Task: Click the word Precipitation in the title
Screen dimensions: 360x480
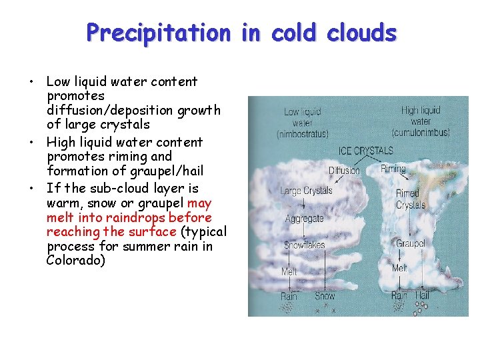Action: [x=157, y=32]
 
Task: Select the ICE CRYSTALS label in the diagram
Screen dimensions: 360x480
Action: [x=366, y=151]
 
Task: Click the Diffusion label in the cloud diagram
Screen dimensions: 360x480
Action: [x=345, y=171]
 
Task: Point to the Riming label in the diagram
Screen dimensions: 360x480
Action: [x=393, y=169]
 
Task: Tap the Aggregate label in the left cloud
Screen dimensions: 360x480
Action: [x=304, y=219]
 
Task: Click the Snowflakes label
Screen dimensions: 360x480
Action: [x=305, y=245]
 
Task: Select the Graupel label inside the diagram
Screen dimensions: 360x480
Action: [x=410, y=243]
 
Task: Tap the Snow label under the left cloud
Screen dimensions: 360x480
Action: [x=325, y=296]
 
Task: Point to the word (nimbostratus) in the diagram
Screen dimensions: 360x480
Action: [x=303, y=135]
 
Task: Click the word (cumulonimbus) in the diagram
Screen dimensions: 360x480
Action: [x=421, y=133]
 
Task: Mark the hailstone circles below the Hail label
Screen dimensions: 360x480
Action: [x=421, y=307]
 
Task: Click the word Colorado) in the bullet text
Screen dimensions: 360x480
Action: [x=75, y=261]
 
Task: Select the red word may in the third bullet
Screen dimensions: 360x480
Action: [x=199, y=203]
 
